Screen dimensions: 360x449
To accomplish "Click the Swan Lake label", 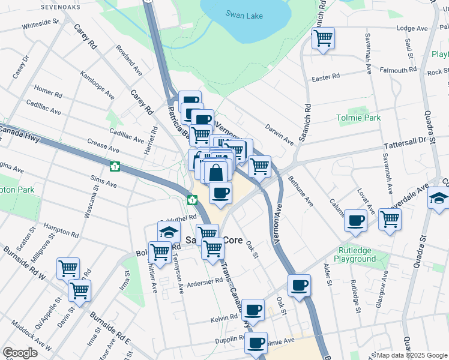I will [x=244, y=14].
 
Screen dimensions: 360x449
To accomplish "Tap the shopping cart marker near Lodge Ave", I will [x=323, y=38].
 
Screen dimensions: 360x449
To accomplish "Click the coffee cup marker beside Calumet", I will [x=357, y=221].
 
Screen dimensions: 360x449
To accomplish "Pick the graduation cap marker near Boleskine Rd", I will [x=169, y=232].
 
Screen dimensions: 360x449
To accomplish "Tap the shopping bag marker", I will [x=216, y=173].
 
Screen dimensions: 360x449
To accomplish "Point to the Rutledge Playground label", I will [x=355, y=254].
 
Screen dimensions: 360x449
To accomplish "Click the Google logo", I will [x=20, y=353].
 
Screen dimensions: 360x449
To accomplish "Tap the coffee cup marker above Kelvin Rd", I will [x=253, y=309].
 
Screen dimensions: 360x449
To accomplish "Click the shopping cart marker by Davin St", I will [x=79, y=290].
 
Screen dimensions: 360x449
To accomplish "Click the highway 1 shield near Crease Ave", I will [x=113, y=166].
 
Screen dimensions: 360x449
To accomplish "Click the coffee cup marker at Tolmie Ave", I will [x=256, y=343].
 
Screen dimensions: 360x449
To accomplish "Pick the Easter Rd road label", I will [x=325, y=77].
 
